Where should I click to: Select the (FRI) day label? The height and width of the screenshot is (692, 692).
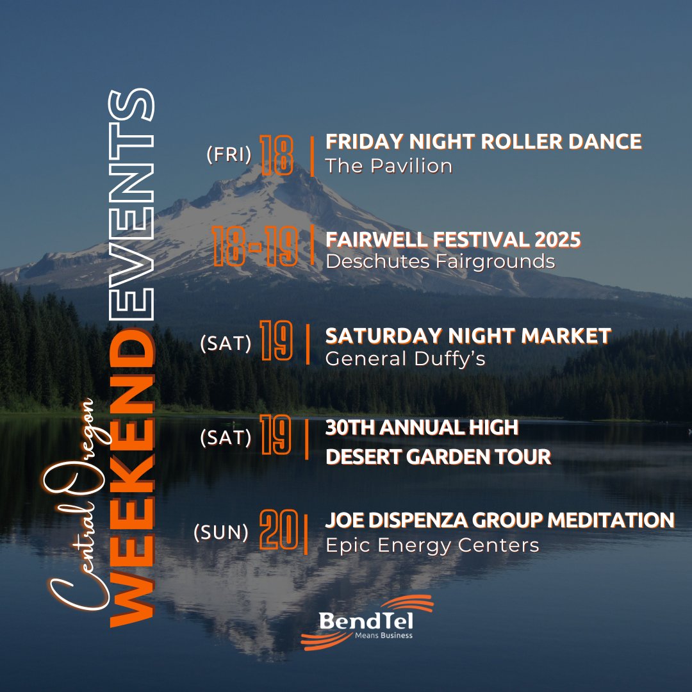pos(229,155)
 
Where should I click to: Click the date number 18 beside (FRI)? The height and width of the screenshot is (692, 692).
pos(277,156)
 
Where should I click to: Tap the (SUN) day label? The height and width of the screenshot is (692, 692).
pos(221,532)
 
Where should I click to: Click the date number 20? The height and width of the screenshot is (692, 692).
pos(279,530)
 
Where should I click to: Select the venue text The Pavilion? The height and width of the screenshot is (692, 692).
pos(388,166)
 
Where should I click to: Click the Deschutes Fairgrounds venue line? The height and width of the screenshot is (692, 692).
pos(440,261)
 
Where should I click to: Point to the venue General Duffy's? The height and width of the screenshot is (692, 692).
pos(405,359)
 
